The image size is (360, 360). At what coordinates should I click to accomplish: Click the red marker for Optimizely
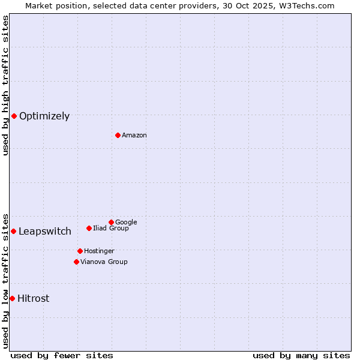(x=14, y=116)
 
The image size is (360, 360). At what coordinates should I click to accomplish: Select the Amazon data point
(x=118, y=135)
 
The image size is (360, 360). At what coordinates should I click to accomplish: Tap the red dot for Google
(x=111, y=222)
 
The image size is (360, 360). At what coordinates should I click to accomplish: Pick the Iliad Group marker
(x=89, y=228)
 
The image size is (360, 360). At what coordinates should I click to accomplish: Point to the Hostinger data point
(x=80, y=251)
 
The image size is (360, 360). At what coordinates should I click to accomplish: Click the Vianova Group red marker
(x=76, y=262)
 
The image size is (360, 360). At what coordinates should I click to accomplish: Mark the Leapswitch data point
(x=13, y=231)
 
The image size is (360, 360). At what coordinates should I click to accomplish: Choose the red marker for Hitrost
(x=12, y=298)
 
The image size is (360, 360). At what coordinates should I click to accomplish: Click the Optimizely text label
(x=44, y=116)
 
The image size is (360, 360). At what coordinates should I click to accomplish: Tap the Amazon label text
(x=134, y=136)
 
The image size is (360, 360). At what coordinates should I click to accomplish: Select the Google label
(x=126, y=222)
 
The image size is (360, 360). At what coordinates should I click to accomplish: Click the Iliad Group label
(x=111, y=228)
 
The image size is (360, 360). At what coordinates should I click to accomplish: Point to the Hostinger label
(x=99, y=251)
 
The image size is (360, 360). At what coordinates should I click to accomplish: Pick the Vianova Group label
(x=104, y=262)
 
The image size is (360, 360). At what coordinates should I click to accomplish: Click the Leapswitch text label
(x=45, y=232)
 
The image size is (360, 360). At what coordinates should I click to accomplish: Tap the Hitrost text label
(x=34, y=299)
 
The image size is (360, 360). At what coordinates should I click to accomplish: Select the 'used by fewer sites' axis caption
(x=62, y=355)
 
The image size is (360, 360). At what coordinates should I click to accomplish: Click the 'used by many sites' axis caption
(x=301, y=355)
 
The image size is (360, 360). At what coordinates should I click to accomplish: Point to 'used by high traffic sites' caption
(x=5, y=85)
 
